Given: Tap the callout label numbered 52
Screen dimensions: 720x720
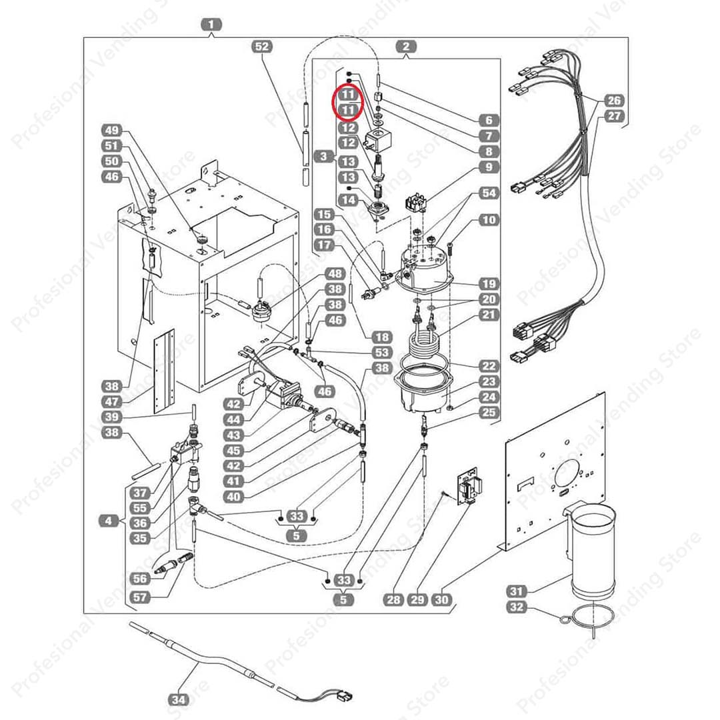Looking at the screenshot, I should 263,47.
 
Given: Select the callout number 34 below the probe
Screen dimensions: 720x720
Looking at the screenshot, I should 179,700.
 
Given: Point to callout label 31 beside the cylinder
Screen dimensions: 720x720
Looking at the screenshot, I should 517,591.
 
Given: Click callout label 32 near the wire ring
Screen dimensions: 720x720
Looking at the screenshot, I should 517,607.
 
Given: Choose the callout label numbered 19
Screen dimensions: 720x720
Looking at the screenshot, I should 489,284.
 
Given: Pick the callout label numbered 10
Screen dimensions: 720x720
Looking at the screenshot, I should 489,219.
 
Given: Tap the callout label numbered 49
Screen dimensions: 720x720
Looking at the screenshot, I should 111,131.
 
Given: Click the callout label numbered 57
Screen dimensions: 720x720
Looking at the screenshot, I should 141,597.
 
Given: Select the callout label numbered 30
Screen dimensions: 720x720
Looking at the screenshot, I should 441,600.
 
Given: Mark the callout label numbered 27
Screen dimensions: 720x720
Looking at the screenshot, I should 614,116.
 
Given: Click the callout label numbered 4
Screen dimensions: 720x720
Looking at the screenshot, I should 109,521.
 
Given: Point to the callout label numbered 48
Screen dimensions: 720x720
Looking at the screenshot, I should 335,274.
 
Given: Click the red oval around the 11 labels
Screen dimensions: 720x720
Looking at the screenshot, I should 347,103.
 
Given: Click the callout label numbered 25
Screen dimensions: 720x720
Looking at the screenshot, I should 489,413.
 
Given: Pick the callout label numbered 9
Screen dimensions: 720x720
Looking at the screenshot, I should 489,167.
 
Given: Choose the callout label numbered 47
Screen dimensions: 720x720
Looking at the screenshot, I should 111,402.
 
